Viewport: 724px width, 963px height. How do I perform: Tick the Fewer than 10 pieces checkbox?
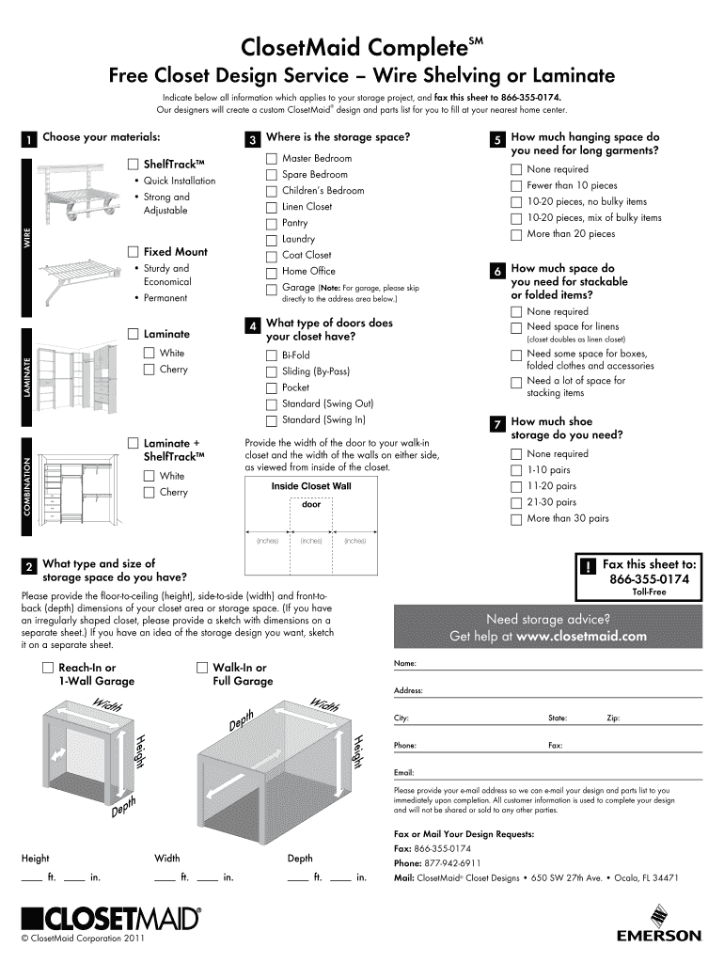pos(515,185)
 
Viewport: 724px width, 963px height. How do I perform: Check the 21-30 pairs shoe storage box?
pos(515,502)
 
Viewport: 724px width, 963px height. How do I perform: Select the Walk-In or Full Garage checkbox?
pos(202,668)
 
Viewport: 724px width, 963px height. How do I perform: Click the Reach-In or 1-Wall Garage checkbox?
pos(48,668)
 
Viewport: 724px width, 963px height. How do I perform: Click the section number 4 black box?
pos(251,326)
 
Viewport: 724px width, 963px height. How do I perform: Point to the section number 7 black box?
pos(496,424)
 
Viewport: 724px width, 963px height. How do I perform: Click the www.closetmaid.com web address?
pos(581,636)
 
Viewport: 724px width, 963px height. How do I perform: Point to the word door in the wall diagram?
pos(311,505)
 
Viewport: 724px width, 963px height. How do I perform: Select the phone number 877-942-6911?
pos(451,862)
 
